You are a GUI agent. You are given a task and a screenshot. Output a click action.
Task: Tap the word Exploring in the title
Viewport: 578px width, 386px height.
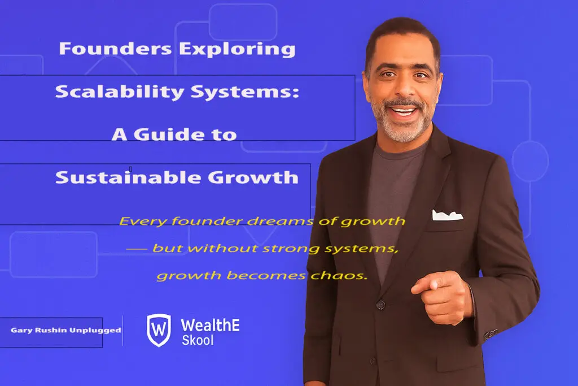pos(237,49)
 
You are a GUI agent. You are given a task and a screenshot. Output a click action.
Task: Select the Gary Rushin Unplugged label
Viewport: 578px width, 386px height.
pos(66,330)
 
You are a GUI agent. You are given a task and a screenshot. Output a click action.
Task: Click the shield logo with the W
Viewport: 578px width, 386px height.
pos(159,330)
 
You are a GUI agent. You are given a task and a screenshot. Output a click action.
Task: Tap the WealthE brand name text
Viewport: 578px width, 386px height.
pos(210,324)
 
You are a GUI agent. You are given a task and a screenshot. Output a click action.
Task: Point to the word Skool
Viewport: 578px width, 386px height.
pos(198,341)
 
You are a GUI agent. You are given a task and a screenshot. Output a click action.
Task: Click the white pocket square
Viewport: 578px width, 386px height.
pos(447,215)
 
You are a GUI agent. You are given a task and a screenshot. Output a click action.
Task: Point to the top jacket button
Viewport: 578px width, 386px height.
pos(380,305)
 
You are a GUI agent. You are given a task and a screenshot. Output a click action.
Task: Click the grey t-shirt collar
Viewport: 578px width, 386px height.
pos(402,148)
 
